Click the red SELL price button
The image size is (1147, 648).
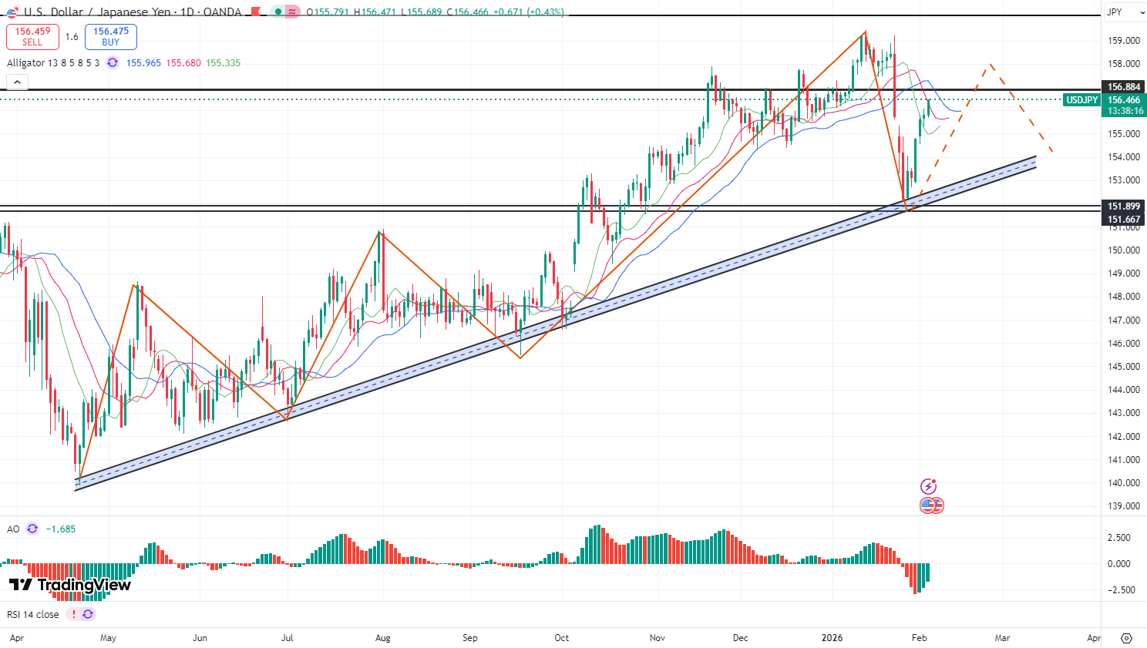coord(32,37)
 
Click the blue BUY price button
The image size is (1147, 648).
coord(111,37)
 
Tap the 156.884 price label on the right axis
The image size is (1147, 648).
coord(1123,87)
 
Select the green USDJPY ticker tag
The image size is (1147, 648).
coord(1081,100)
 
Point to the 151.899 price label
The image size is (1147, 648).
coord(1123,206)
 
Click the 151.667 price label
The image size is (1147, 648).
coord(1123,220)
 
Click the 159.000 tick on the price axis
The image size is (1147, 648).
coord(1123,41)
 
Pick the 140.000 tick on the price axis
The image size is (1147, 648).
coord(1123,483)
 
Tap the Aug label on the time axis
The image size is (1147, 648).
coord(383,638)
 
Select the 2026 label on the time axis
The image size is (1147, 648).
coord(832,638)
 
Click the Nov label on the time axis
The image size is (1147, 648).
coord(658,638)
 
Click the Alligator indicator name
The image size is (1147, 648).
coord(52,63)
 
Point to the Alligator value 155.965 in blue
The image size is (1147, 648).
coord(143,63)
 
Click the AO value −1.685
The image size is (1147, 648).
coord(61,529)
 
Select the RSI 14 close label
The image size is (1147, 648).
coord(32,615)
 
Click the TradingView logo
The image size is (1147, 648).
coord(70,585)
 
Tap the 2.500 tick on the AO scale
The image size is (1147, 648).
coord(1118,538)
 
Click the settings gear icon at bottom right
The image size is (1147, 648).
coord(1126,638)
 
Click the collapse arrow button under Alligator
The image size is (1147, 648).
coord(17,82)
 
